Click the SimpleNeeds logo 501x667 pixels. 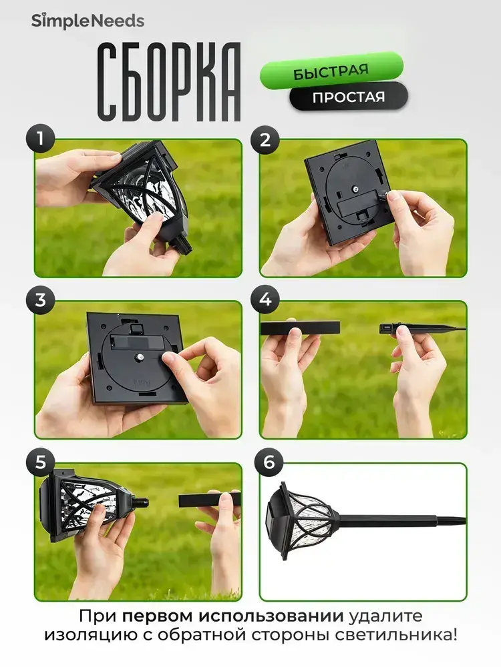(88, 21)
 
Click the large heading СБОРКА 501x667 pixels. (169, 82)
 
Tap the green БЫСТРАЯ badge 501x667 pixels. (331, 71)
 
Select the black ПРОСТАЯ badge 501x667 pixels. (349, 97)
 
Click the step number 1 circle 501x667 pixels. (41, 139)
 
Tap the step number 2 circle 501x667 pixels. (265, 140)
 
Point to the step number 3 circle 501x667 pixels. (41, 299)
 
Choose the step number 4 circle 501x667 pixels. (265, 299)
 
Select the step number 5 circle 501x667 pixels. (41, 462)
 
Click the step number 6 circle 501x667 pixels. (269, 462)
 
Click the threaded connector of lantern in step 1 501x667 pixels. (183, 243)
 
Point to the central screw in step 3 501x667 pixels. (140, 357)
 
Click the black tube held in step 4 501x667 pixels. (300, 328)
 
